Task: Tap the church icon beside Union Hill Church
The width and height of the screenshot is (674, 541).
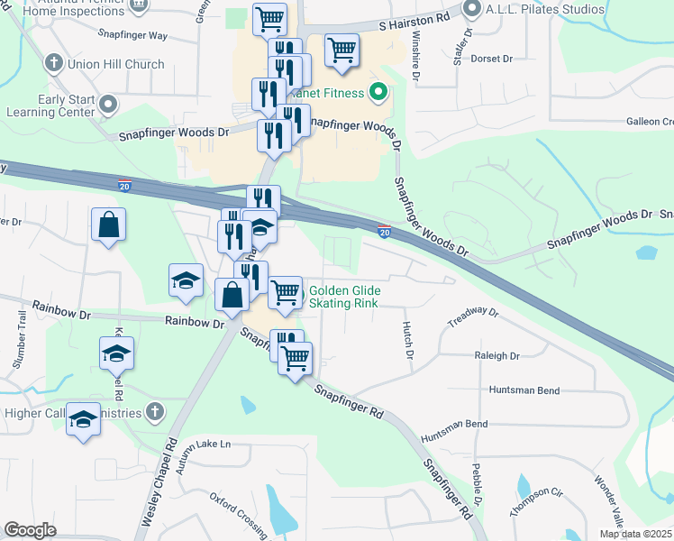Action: (54, 64)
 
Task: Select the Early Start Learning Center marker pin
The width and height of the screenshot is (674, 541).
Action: (109, 105)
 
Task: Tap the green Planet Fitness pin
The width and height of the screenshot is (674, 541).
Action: (378, 92)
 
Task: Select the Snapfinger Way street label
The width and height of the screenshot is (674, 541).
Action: (132, 35)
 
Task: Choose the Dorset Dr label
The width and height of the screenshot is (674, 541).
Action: (493, 59)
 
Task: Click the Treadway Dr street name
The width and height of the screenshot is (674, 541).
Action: (473, 316)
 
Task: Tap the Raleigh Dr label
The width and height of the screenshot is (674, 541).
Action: (497, 356)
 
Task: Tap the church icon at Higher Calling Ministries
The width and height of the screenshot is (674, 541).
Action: (155, 412)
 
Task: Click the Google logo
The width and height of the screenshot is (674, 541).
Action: (31, 530)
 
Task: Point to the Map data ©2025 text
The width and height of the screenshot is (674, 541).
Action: (635, 534)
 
